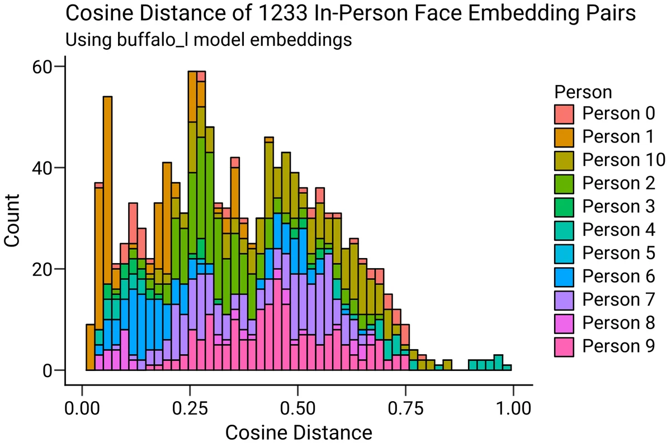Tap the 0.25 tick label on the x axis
pyautogui.click(x=190, y=406)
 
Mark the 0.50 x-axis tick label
pyautogui.click(x=297, y=406)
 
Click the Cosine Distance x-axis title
pyautogui.click(x=298, y=432)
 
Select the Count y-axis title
pyautogui.click(x=12, y=218)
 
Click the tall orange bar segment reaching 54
pyautogui.click(x=108, y=190)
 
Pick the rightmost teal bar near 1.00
pyautogui.click(x=507, y=367)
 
